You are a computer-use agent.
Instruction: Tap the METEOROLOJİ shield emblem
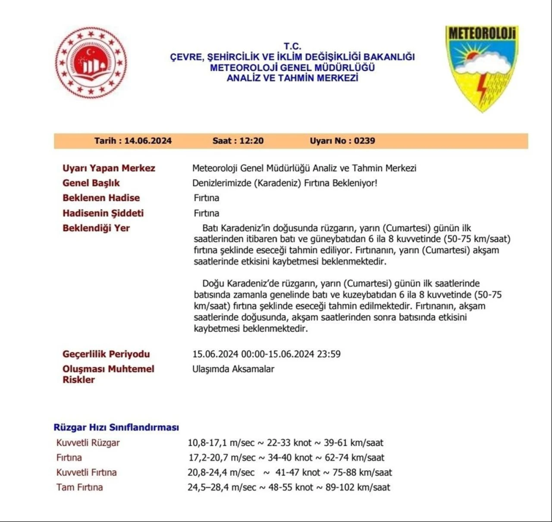coord(482,68)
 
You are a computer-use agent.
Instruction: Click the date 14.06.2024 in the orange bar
coord(148,141)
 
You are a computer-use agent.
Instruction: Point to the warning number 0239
coord(364,141)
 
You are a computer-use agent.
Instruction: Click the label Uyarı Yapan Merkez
coord(109,168)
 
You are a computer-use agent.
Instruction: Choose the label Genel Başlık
coord(91,183)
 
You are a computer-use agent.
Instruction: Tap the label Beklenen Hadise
coord(101,198)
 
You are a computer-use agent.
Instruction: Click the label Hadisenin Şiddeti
coord(103,213)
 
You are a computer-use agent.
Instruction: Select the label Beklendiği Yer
coord(96,228)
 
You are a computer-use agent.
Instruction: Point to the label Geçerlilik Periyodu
coord(106,354)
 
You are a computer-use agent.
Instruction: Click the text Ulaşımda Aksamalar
coord(233,369)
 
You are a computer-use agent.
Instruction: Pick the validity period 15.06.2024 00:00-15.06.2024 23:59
coord(267,354)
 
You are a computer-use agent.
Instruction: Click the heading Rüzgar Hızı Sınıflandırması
coord(116,427)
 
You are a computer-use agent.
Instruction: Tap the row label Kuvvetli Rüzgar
coord(88,443)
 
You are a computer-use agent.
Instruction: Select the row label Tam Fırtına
coord(80,488)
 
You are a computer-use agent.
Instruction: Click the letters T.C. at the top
coord(292,46)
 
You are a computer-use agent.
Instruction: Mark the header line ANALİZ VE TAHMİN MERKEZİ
coord(292,78)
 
